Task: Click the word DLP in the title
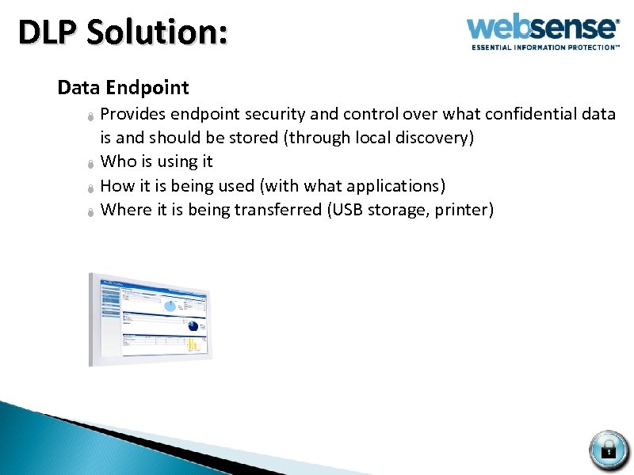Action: [47, 33]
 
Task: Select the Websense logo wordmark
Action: [542, 28]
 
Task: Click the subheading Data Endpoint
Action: [123, 87]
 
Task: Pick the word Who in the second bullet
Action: [119, 161]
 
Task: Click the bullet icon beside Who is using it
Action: [91, 164]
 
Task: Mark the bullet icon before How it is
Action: [91, 188]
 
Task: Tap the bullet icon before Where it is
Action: [91, 212]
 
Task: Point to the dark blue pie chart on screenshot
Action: [193, 325]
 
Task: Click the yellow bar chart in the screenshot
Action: [193, 345]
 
